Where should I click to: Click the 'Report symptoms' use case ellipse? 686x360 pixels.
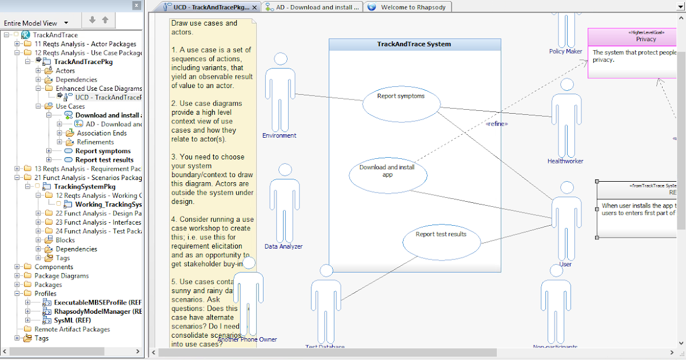pyautogui.click(x=401, y=103)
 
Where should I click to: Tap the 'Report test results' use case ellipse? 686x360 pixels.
pyautogui.click(x=440, y=240)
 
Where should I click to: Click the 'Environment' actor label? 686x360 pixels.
pyautogui.click(x=279, y=135)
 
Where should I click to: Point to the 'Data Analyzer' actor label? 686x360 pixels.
pyautogui.click(x=284, y=246)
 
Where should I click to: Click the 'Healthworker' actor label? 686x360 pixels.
pyautogui.click(x=565, y=161)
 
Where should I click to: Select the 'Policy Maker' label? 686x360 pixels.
pyautogui.click(x=565, y=51)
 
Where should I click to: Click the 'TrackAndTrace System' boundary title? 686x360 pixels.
pyautogui.click(x=414, y=44)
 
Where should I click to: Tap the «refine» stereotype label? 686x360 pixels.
pyautogui.click(x=496, y=123)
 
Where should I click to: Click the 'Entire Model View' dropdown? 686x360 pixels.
pyautogui.click(x=35, y=23)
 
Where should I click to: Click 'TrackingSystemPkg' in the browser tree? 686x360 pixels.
pyautogui.click(x=85, y=186)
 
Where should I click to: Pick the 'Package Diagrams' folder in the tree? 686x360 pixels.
pyautogui.click(x=62, y=275)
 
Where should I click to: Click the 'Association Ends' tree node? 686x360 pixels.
pyautogui.click(x=102, y=133)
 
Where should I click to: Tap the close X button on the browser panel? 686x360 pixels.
pyautogui.click(x=135, y=6)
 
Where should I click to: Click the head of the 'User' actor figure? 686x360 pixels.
pyautogui.click(x=567, y=189)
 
